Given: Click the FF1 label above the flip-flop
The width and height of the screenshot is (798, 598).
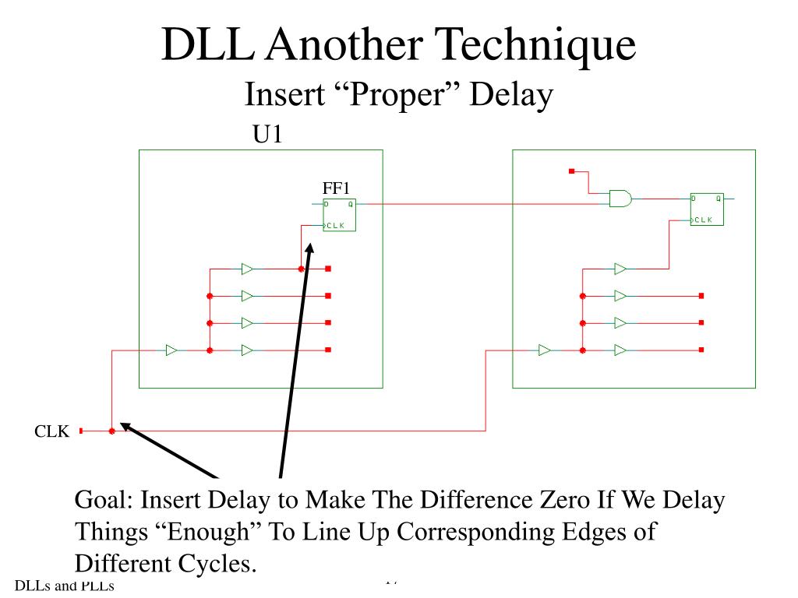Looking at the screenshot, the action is [337, 188].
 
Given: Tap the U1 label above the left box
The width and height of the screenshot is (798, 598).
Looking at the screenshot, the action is [266, 135].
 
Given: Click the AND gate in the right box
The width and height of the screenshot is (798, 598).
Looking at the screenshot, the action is [620, 199].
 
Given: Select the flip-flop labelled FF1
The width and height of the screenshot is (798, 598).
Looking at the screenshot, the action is [340, 215].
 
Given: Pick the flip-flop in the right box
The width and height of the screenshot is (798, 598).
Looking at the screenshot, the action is [707, 209].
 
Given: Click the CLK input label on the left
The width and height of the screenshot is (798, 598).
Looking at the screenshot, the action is [51, 431].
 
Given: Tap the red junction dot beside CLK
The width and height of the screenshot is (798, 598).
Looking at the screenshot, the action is [112, 431].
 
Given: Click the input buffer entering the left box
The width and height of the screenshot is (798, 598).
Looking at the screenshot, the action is [171, 350].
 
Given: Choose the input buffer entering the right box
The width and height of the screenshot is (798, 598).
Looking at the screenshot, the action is [545, 350].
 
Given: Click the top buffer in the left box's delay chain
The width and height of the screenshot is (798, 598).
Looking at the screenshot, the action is [247, 269].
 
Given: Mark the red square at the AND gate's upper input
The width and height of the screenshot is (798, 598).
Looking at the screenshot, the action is [572, 171].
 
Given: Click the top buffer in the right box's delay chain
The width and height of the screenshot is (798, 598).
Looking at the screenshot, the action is [620, 269].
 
